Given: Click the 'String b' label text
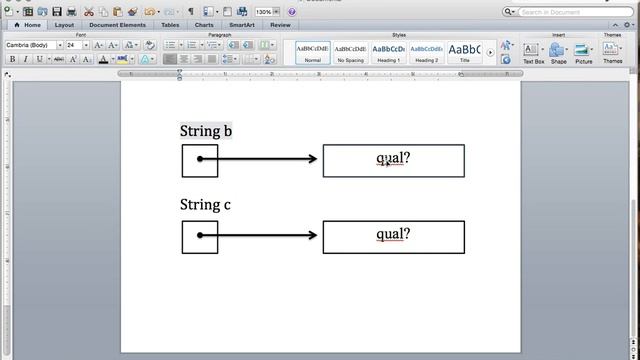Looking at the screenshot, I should [206, 131].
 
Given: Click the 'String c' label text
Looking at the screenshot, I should [205, 205].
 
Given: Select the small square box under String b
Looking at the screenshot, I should [200, 160].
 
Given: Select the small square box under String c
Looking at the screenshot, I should [200, 236].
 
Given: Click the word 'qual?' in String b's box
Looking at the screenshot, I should [393, 158].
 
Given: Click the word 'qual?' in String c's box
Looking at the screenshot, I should [393, 234].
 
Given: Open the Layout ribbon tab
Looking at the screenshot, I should [64, 25].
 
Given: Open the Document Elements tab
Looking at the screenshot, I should [117, 25].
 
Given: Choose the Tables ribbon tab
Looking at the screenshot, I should [170, 25].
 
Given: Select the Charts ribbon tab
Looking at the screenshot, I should [204, 25].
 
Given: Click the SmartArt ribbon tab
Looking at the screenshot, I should [241, 25].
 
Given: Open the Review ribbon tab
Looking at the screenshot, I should [280, 25].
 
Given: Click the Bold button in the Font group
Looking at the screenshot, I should [12, 59].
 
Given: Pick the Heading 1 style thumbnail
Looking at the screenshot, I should [388, 52].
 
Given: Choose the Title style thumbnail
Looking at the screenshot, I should [464, 52].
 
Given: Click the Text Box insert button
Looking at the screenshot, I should [533, 52].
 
